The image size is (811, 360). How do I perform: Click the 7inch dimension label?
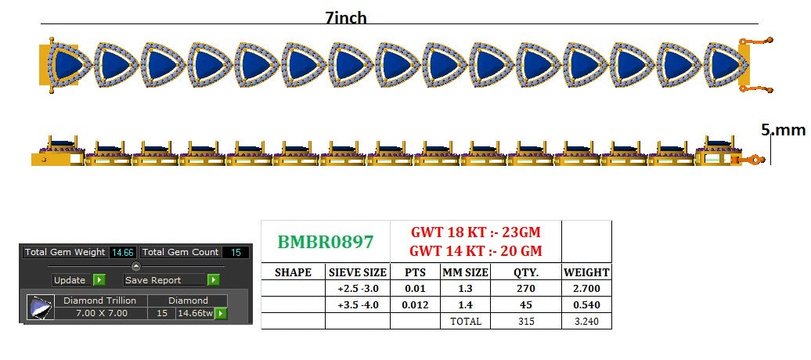coord(346,18)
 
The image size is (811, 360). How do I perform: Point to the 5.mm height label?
coord(783,130)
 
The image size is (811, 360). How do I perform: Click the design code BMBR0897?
coord(326,242)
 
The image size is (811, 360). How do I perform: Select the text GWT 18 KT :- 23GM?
coord(475,232)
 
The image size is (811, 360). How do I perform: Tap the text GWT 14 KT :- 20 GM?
coord(475,251)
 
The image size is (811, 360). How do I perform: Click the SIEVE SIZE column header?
coord(358,272)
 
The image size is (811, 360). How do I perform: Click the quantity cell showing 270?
coord(525,289)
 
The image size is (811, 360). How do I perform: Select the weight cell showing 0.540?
coord(586,304)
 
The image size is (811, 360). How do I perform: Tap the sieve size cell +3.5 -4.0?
coord(358,304)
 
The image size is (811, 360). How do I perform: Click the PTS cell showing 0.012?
coord(416,304)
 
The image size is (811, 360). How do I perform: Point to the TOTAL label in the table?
coord(466,321)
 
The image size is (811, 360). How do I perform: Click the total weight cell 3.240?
coord(586,321)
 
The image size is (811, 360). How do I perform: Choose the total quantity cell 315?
coord(525,321)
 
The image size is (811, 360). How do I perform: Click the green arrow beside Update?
coord(99,280)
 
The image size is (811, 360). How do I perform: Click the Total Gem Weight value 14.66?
coord(123,253)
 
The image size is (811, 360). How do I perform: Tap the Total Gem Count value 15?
coord(236,253)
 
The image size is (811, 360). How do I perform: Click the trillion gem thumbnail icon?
coord(41,308)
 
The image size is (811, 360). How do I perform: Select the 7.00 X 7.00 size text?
coord(102,313)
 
